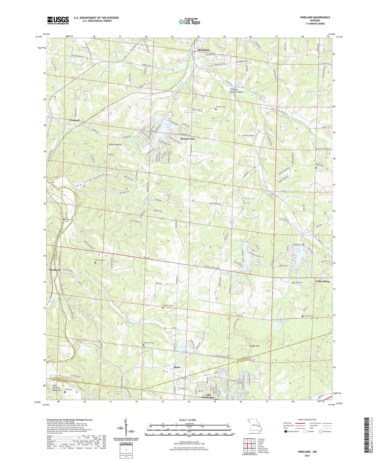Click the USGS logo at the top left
(58, 20)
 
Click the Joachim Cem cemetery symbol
(216, 109)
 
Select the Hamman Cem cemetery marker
(163, 308)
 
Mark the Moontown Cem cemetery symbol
(143, 345)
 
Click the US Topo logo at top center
(189, 22)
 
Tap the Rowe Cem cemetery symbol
(294, 282)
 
